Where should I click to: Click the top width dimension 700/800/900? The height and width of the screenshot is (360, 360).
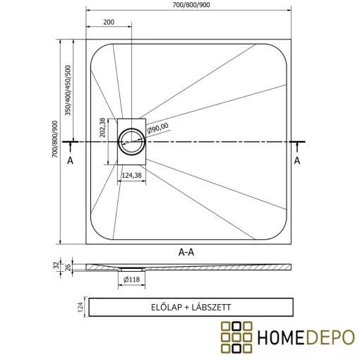(x=188, y=6)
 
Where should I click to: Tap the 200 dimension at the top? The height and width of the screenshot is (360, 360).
(x=108, y=22)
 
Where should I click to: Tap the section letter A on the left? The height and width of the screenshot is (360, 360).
(x=69, y=160)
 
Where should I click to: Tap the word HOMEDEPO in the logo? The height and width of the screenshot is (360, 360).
(x=305, y=337)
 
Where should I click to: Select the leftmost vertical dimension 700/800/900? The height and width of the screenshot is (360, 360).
(x=56, y=141)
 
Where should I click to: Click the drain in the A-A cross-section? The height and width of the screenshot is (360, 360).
(x=130, y=269)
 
